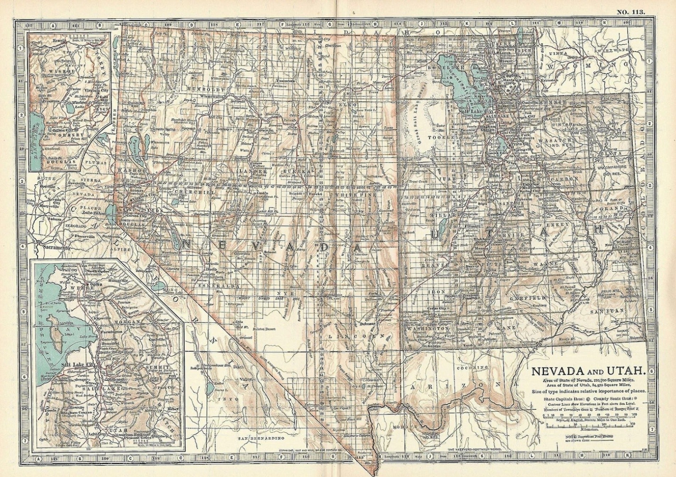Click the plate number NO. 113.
(x=631, y=3)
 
